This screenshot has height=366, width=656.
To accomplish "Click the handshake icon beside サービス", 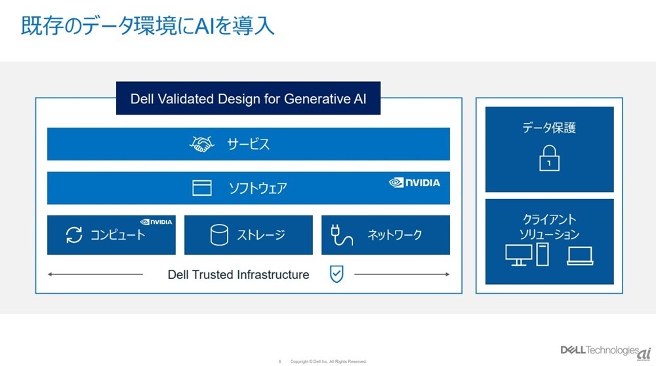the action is (201, 144).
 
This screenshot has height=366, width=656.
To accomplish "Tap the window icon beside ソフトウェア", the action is (201, 188).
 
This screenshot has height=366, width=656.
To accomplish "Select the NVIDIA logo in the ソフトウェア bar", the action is (414, 183).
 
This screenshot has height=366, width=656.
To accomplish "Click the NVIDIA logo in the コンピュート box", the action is (156, 221).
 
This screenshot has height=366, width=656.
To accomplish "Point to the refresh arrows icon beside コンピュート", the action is (74, 234).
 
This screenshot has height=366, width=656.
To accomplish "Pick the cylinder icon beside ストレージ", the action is (219, 234).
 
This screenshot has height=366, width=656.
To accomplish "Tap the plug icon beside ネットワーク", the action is (341, 234).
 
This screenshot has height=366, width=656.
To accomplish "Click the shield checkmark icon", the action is (337, 274).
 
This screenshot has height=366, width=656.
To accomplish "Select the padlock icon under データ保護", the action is (549, 158).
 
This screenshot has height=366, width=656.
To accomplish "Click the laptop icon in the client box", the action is (580, 256).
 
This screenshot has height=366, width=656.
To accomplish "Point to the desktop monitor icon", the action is (519, 255).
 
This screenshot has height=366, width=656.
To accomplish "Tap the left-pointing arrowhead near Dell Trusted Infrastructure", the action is (50, 274).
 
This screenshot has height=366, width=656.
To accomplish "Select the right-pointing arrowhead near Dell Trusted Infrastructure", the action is (447, 274).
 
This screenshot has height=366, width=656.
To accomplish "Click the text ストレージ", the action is (261, 234).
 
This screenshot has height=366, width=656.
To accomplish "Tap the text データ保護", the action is (549, 127).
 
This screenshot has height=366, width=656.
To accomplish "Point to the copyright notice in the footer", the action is (329, 361).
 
